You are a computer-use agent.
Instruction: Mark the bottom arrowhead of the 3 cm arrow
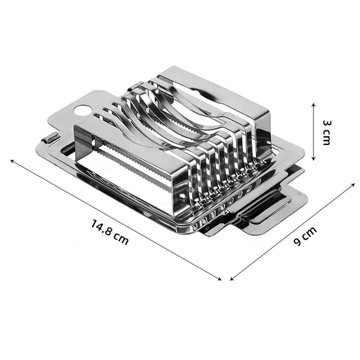pyautogui.click(x=314, y=158)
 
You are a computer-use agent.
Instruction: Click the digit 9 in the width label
pyautogui.click(x=298, y=242)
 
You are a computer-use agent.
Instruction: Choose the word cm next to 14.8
pyautogui.click(x=121, y=238)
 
